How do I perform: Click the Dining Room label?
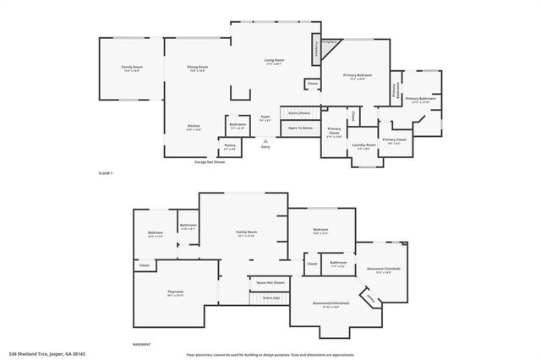[x=198, y=67]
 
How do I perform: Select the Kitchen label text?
[x=194, y=127]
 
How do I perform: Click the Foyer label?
[x=265, y=117]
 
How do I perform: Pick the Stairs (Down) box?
[x=299, y=112]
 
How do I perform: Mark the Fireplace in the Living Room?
[x=317, y=49]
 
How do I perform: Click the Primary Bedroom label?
[x=357, y=76]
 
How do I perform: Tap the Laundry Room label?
[x=363, y=146]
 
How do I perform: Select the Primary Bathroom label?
[x=420, y=99]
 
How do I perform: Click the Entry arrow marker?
[x=265, y=141]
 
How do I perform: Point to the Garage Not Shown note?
[x=210, y=161]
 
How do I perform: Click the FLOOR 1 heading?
[x=106, y=172]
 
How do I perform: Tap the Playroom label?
[x=175, y=292]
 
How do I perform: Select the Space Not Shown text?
[x=270, y=282]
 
